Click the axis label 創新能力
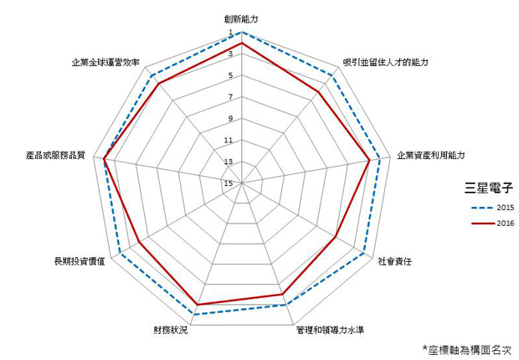click(x=240, y=19)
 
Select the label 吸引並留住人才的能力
click(x=386, y=62)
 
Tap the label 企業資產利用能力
click(x=430, y=156)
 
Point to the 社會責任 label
click(x=395, y=262)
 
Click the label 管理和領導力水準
click(x=330, y=330)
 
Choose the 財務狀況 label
click(x=170, y=330)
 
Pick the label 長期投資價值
click(x=80, y=261)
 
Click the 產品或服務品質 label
click(x=55, y=156)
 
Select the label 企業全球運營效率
click(x=105, y=62)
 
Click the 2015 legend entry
click(x=493, y=208)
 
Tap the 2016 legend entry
click(x=493, y=224)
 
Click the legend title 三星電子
click(x=489, y=188)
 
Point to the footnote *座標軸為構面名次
click(x=468, y=350)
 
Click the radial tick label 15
click(x=229, y=183)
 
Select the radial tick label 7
click(x=230, y=97)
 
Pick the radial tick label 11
click(x=229, y=141)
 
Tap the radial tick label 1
click(x=231, y=33)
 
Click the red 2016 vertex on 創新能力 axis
click(x=242, y=43)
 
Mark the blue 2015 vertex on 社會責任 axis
click(x=364, y=254)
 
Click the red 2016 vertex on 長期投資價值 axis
click(x=139, y=243)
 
